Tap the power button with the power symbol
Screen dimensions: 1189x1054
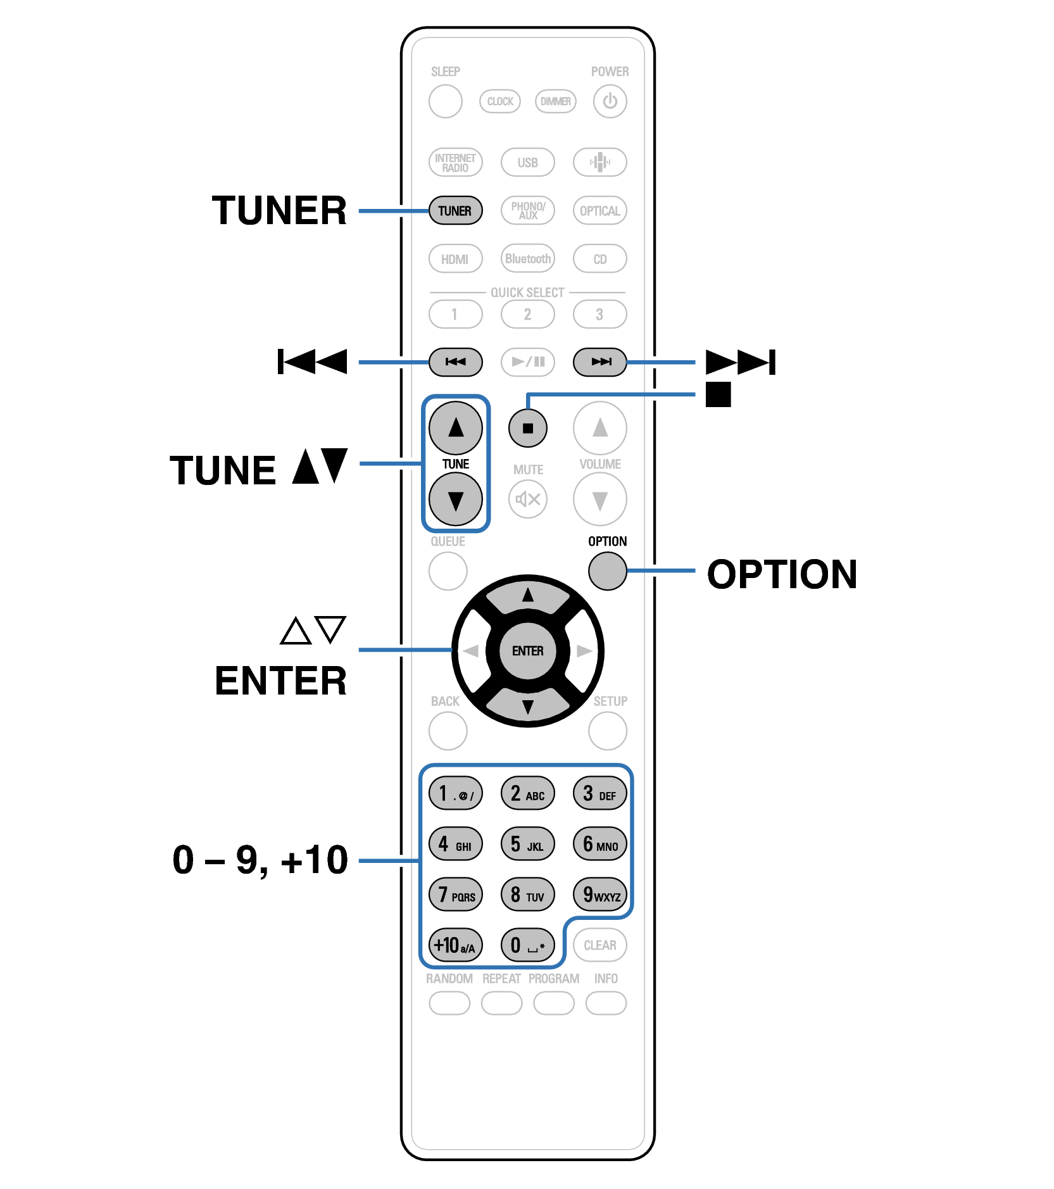[610, 101]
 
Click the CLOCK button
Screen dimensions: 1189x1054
[500, 101]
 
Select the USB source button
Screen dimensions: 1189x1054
[527, 162]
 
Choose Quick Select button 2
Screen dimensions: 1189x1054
[527, 314]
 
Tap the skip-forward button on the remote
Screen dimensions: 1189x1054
[599, 362]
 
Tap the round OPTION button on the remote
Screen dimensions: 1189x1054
[607, 571]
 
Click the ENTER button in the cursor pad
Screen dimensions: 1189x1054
[527, 651]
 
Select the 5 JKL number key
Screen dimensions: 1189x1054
[527, 844]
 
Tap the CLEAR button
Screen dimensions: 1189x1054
[599, 945]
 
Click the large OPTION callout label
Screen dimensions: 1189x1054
[782, 574]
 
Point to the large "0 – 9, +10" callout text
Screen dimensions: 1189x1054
[260, 860]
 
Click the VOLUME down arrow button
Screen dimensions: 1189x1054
[599, 500]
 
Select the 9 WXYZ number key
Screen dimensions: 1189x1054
[600, 895]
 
